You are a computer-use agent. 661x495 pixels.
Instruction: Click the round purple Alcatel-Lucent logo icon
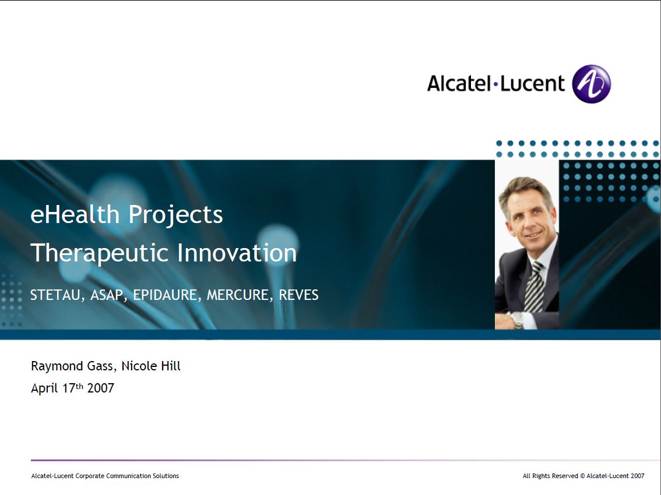click(x=591, y=84)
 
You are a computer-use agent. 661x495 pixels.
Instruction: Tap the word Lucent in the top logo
click(x=532, y=83)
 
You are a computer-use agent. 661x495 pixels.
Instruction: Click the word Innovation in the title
click(x=237, y=253)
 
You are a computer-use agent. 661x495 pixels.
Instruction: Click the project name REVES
click(x=298, y=295)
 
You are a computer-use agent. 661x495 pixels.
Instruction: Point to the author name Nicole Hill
click(x=151, y=366)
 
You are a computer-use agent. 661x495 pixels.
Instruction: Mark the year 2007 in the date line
click(x=100, y=388)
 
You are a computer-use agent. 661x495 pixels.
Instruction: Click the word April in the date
click(x=44, y=388)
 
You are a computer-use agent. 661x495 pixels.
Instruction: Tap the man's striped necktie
click(x=534, y=287)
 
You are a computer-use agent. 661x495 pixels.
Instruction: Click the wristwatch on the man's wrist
click(x=517, y=320)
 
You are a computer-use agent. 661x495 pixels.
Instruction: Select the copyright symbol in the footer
click(x=582, y=476)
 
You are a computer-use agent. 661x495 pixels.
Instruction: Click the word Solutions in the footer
click(x=166, y=476)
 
